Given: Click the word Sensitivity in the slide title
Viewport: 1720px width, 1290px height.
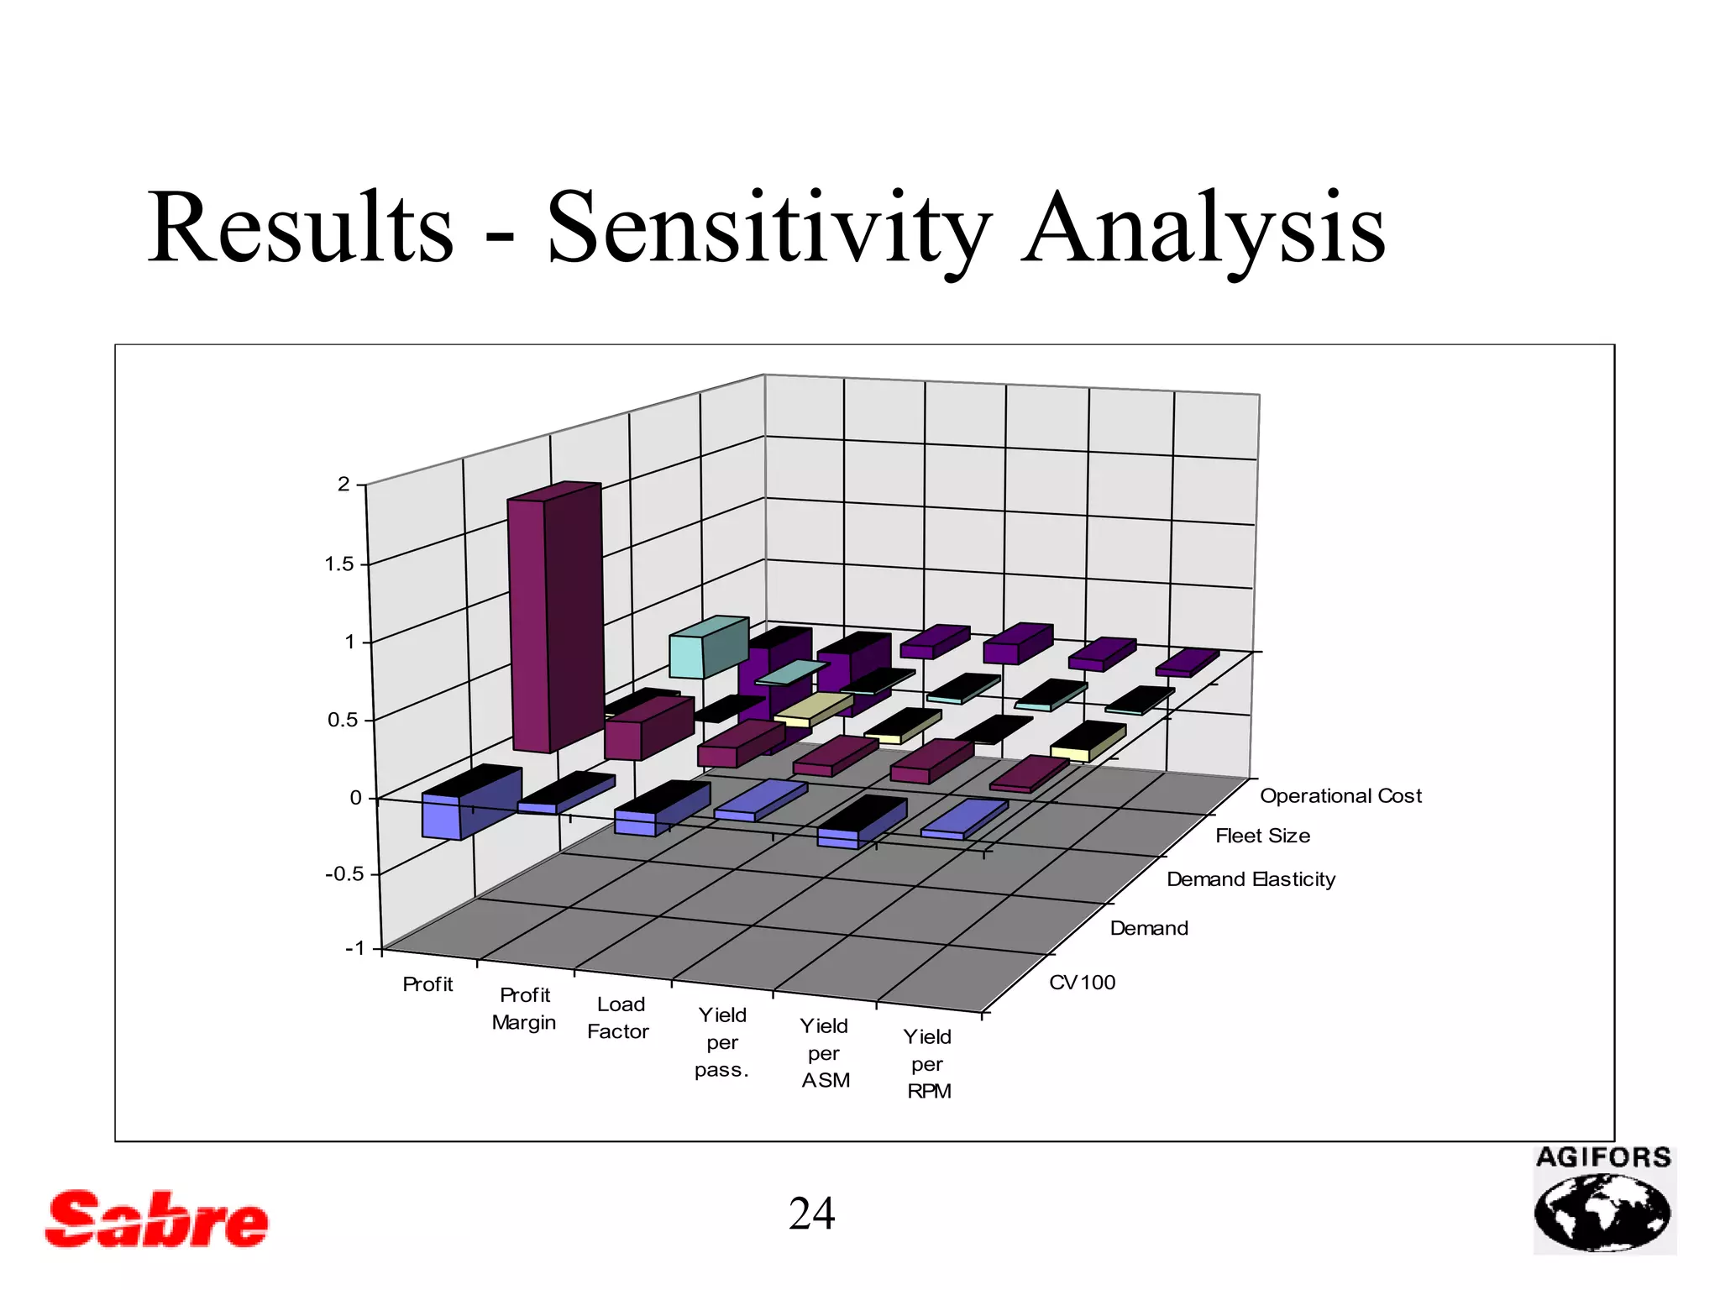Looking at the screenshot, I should coord(768,228).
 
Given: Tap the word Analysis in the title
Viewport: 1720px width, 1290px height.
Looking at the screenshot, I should coord(1203,228).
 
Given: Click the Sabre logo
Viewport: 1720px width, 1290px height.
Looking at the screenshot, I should coord(157,1219).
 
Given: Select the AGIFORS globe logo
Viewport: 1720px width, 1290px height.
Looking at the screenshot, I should coord(1603,1201).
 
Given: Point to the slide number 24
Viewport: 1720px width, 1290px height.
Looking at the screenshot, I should coord(811,1214).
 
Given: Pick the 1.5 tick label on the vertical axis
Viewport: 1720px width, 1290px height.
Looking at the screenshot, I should coord(339,564).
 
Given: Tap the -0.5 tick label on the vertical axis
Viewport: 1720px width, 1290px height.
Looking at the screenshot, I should coord(344,874).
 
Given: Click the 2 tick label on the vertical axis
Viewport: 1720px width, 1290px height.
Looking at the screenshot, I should coord(343,485).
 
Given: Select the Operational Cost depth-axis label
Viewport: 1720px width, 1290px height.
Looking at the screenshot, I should coord(1340,796).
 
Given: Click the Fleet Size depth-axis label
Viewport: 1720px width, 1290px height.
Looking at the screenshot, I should coord(1262,836).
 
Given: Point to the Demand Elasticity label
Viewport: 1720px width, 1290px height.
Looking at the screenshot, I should coord(1251,880).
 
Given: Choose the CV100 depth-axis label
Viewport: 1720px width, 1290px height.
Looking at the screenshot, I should coord(1083,983).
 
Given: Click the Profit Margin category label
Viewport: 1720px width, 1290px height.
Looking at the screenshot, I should coord(524,1009).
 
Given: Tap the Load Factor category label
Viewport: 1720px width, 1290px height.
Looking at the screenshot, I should coord(619,1018).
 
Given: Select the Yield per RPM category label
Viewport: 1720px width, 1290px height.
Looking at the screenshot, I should coord(928,1064).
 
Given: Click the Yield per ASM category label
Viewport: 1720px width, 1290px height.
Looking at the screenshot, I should coord(825,1053).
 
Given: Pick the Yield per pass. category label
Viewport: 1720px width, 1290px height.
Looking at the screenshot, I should coord(721,1042).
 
